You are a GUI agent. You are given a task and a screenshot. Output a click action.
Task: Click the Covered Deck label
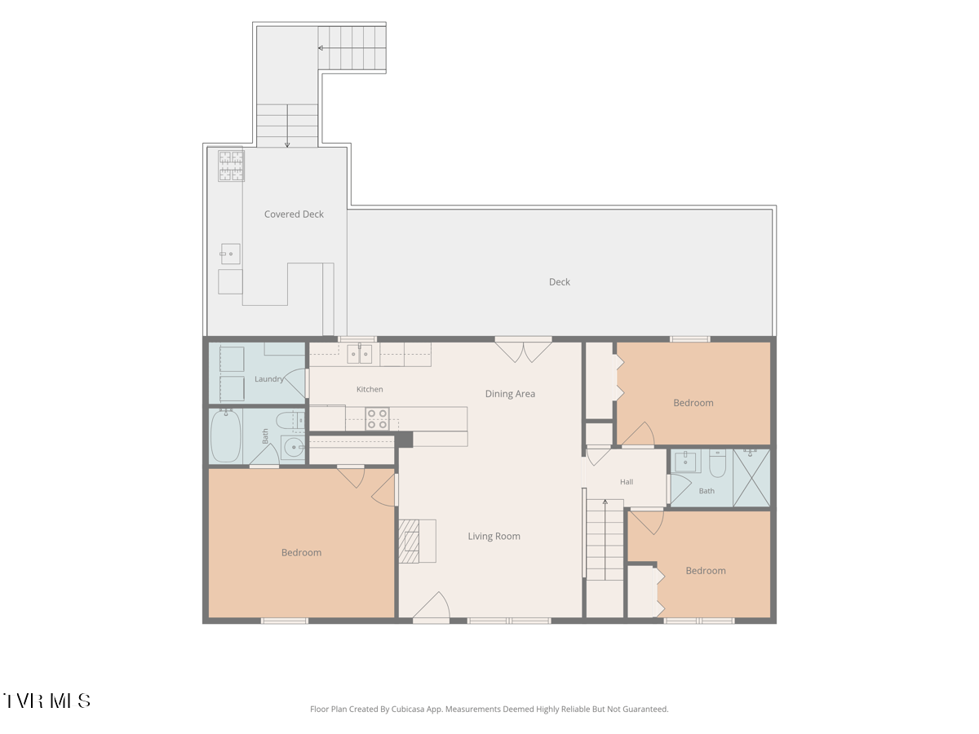(x=294, y=214)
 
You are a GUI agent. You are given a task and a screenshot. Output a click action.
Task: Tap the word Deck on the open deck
(x=560, y=282)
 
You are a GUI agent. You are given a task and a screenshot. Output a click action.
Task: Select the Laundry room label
(x=269, y=379)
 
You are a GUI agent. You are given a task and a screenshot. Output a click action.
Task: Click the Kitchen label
(x=370, y=389)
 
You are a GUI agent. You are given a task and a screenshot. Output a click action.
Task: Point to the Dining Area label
(x=510, y=394)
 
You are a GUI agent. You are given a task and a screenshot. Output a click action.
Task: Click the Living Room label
(x=494, y=536)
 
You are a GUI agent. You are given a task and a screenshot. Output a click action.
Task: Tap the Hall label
(x=627, y=482)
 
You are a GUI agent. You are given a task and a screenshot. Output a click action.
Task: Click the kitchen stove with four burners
(x=377, y=419)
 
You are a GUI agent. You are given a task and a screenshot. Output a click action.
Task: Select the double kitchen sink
(x=360, y=354)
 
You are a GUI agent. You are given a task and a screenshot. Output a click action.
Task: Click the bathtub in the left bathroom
(x=226, y=436)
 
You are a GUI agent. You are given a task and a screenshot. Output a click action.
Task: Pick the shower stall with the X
(x=751, y=478)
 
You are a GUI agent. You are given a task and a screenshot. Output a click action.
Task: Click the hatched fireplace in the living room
(x=409, y=541)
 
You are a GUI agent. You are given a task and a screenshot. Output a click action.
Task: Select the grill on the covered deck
(x=231, y=166)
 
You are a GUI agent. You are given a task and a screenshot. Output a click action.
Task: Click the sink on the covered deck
(x=231, y=254)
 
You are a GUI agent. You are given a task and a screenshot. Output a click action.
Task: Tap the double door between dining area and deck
(x=523, y=350)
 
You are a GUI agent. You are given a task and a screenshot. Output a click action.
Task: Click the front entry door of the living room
(x=431, y=607)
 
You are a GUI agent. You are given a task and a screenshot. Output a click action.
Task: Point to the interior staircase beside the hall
(x=605, y=539)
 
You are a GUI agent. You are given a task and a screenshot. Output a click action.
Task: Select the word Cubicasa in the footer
(x=408, y=709)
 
